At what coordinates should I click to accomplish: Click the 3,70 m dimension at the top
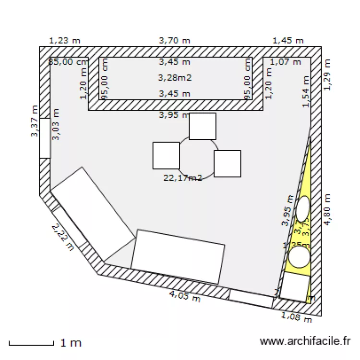175,41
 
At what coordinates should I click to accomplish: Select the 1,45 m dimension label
288,41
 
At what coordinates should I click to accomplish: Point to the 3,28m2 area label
175,77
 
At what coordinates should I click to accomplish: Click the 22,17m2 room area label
182,178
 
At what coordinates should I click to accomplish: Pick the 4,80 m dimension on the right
328,210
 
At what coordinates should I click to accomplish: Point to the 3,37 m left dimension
35,121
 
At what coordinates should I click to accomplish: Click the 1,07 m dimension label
285,61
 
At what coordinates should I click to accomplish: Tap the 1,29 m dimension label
328,74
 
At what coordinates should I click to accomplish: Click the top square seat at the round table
203,126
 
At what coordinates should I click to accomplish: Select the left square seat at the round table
166,156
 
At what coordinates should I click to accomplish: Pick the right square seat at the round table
227,163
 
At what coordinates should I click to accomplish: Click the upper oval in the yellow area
303,208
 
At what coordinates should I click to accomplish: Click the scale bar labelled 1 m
31,344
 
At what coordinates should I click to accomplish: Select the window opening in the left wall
45,138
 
